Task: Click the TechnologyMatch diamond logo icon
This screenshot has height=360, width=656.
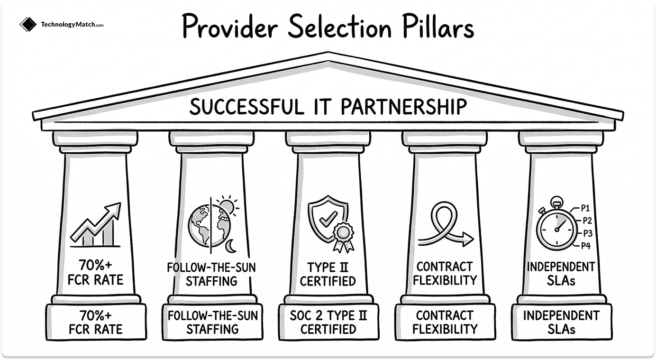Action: [28, 25]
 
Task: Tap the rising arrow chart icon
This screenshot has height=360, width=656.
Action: [95, 226]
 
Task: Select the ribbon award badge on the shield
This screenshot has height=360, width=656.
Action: [342, 236]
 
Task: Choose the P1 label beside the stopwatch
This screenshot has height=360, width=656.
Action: [586, 207]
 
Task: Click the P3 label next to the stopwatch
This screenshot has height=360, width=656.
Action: [588, 233]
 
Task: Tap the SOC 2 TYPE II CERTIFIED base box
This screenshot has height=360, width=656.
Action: [328, 322]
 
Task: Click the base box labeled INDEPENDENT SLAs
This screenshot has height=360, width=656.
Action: [561, 322]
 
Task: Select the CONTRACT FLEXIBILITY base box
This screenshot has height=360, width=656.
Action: [445, 322]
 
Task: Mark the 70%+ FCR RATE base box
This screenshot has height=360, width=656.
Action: [95, 322]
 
